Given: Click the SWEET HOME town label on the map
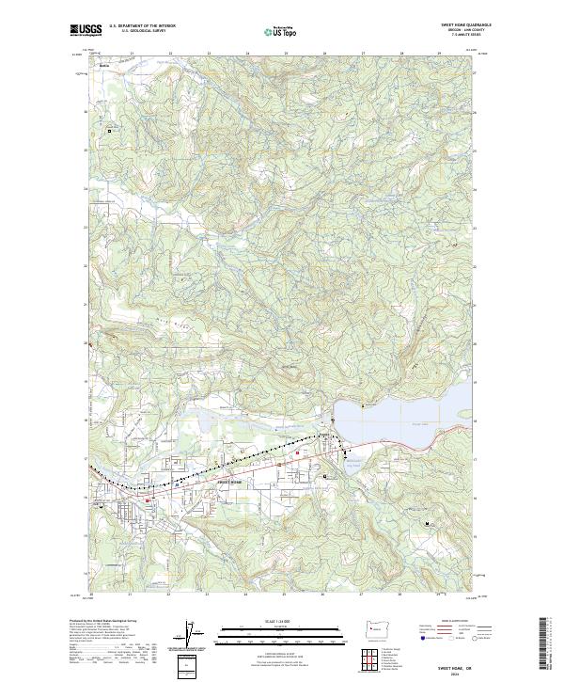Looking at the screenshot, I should point(230,482).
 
